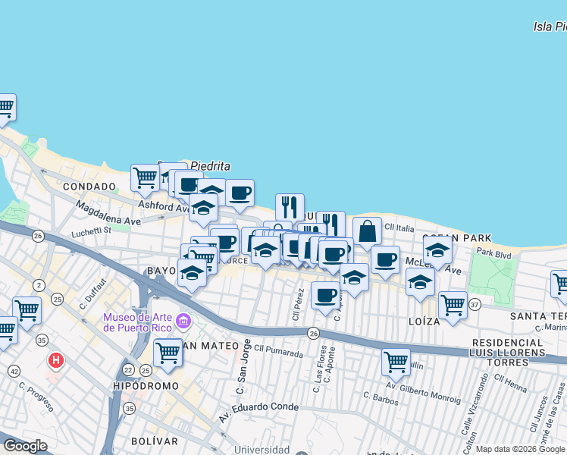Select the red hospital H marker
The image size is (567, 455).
pos(55,360)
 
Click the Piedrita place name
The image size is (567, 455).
pos(210,166)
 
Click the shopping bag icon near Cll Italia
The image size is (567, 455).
pos(367,232)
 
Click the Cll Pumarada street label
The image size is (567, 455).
pos(278,351)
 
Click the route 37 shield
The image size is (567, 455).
pos(475,305)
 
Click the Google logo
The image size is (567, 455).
pos(26,446)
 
